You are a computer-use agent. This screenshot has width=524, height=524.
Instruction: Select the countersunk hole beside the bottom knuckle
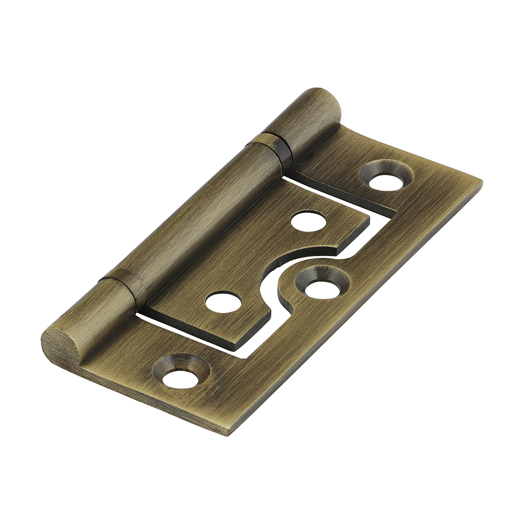pyautogui.click(x=181, y=373)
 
